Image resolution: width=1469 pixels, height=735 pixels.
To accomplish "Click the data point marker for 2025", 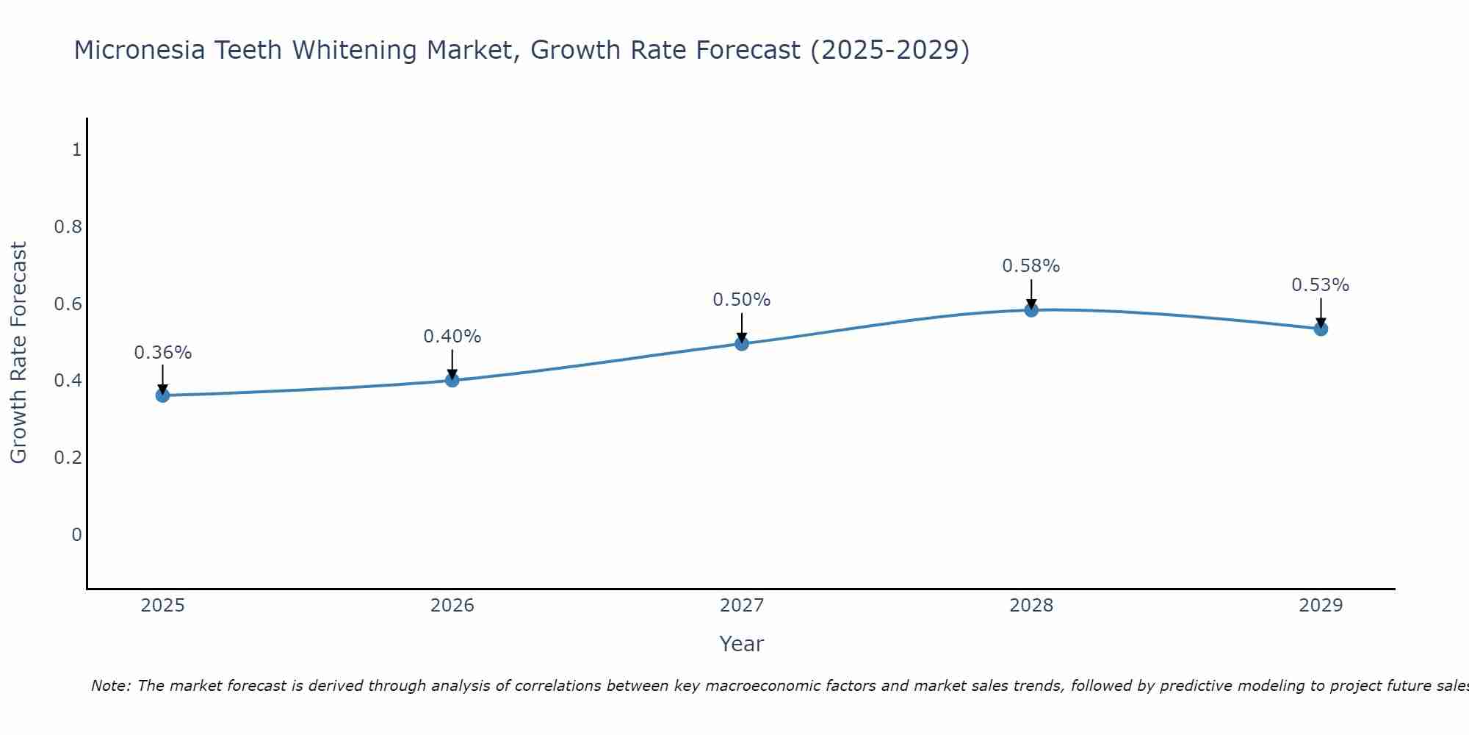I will (162, 395).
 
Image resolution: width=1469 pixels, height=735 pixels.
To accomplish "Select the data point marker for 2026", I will (452, 380).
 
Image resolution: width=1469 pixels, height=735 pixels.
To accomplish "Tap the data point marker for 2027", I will (742, 343).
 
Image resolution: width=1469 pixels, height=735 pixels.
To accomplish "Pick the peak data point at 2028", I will (1031, 310).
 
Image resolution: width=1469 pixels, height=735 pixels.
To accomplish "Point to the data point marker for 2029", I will (1321, 329).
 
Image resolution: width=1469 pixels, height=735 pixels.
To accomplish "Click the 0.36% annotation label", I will (162, 353).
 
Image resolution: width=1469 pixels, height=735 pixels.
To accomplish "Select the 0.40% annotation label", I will (452, 337).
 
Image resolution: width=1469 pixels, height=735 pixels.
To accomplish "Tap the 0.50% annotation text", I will (742, 300).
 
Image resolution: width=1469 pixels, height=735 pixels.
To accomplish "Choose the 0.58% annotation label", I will (1031, 266).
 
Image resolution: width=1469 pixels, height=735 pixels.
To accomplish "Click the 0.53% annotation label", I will (1321, 285).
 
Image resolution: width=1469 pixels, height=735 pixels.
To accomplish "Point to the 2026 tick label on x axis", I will (452, 606).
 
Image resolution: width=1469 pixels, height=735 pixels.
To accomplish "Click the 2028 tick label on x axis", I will (1031, 606).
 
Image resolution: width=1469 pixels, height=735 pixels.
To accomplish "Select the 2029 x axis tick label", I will (1321, 606).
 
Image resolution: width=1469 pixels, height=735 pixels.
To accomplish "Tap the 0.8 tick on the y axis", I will (68, 226).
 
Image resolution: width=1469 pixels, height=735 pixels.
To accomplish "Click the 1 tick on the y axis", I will (76, 150).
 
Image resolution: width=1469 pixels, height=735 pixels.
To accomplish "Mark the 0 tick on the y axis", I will (76, 534).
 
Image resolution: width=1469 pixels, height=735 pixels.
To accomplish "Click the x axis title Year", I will (742, 644).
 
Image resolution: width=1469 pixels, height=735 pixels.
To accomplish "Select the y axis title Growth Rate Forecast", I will (18, 353).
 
